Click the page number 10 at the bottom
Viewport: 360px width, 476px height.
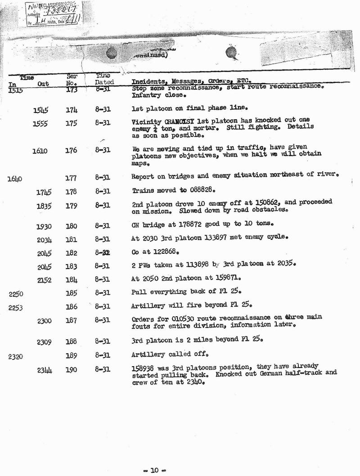coord(155,471)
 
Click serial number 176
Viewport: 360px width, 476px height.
coord(71,151)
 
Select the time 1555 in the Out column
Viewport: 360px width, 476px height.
coord(40,125)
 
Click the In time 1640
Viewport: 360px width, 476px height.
coord(14,179)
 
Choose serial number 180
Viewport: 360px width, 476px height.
coord(71,226)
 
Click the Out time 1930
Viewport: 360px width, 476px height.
coord(44,226)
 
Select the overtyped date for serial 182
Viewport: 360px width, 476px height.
coord(103,253)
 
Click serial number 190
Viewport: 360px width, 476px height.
coord(71,370)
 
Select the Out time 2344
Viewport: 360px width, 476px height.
coord(44,370)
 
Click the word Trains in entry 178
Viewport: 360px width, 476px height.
coord(143,191)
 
